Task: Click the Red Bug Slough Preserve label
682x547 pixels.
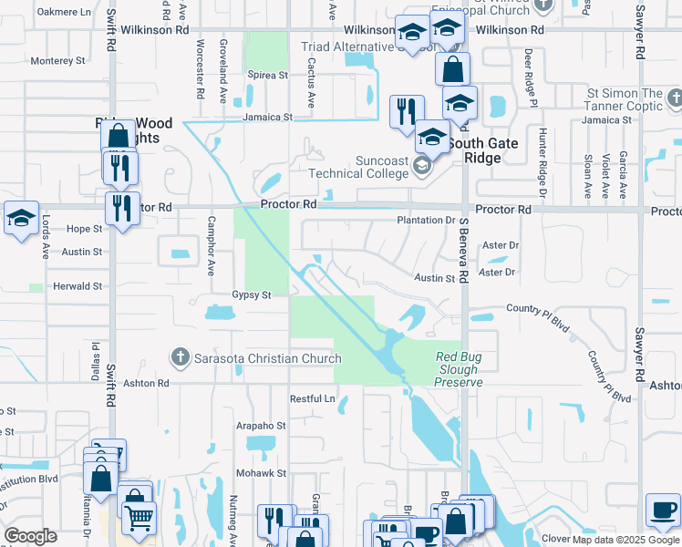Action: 458,369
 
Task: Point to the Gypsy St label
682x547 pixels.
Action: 252,295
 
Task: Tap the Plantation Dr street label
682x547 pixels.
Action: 426,221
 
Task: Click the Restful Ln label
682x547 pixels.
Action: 313,399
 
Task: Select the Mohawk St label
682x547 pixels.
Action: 263,473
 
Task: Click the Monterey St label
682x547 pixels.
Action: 57,61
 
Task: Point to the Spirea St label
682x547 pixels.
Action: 267,75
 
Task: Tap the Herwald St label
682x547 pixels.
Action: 77,286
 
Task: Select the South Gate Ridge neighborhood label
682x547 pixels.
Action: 482,150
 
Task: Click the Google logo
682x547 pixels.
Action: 30,536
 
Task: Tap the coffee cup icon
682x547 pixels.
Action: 663,509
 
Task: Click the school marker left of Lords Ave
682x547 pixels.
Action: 21,218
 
